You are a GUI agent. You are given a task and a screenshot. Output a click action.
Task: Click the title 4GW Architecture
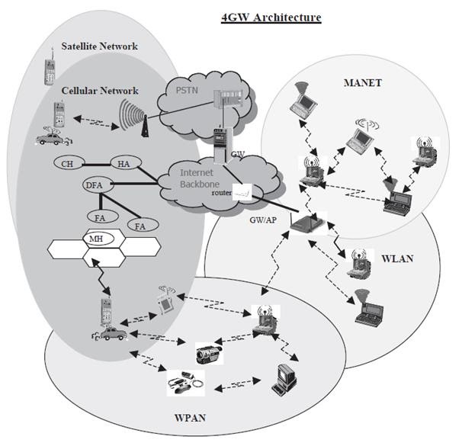(x=271, y=16)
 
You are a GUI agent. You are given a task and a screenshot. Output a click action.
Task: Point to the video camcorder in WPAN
(x=207, y=353)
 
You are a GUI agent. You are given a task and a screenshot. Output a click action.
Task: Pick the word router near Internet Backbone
(x=222, y=194)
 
